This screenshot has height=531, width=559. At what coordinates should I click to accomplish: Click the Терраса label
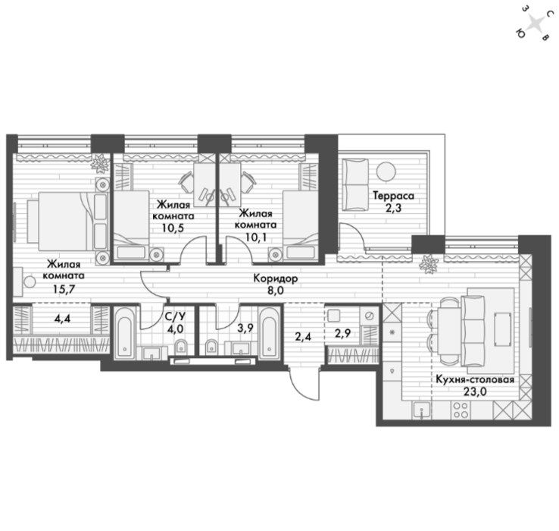[x=393, y=196]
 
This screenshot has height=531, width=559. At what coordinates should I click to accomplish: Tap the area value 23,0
[x=475, y=391]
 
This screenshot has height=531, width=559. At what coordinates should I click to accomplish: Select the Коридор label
[x=275, y=278]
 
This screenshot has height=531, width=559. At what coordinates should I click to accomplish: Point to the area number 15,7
[x=64, y=289]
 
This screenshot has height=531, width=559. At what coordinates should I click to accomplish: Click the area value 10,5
[x=173, y=228]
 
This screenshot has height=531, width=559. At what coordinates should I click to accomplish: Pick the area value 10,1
[x=256, y=237]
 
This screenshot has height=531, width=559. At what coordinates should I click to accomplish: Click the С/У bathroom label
[x=175, y=316]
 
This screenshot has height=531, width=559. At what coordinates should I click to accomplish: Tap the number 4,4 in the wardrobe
[x=62, y=318]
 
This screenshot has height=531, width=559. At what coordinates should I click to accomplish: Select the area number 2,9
[x=342, y=333]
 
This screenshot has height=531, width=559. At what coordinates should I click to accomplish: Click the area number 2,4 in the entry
[x=304, y=336]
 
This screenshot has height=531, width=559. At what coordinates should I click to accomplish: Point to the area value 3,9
[x=245, y=328]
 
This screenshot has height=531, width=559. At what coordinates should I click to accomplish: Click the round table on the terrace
[x=386, y=171]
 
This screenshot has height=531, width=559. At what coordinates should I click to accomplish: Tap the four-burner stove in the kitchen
[x=461, y=410]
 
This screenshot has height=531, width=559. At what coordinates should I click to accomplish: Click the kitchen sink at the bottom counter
[x=422, y=410]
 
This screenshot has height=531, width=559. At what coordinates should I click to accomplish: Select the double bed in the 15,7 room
[x=67, y=222]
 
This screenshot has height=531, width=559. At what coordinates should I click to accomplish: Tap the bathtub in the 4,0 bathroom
[x=124, y=332]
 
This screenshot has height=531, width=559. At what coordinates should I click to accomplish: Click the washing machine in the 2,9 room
[x=370, y=316]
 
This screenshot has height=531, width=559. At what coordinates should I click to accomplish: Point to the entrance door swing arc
[x=300, y=389]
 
